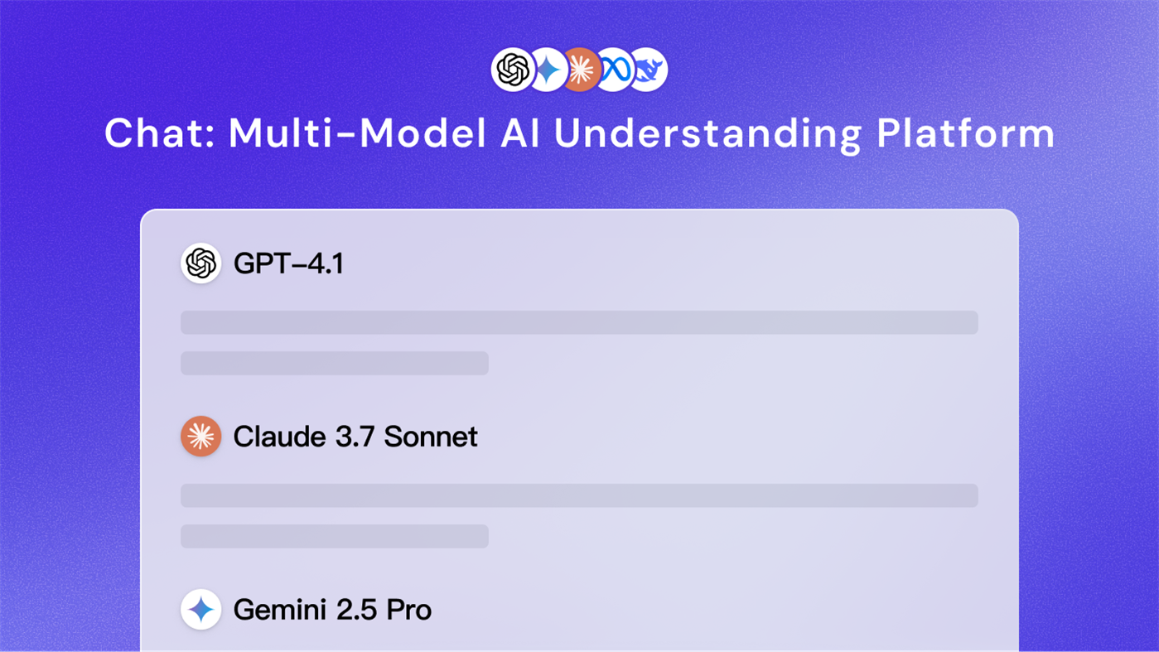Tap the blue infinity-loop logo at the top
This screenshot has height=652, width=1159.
615,70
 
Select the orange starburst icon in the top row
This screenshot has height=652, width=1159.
581,70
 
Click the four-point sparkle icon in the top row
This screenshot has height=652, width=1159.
547,70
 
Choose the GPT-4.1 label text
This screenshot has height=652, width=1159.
288,264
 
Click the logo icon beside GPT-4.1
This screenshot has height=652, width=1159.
201,263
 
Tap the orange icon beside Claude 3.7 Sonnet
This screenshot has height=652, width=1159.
201,437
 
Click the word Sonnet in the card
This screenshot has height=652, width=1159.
431,437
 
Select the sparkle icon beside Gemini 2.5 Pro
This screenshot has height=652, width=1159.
201,610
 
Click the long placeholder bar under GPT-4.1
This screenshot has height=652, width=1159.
579,322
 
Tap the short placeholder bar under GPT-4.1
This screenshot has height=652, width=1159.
335,363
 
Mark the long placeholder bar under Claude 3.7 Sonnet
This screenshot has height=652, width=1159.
579,495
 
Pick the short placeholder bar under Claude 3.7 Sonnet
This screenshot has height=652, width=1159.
335,536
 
